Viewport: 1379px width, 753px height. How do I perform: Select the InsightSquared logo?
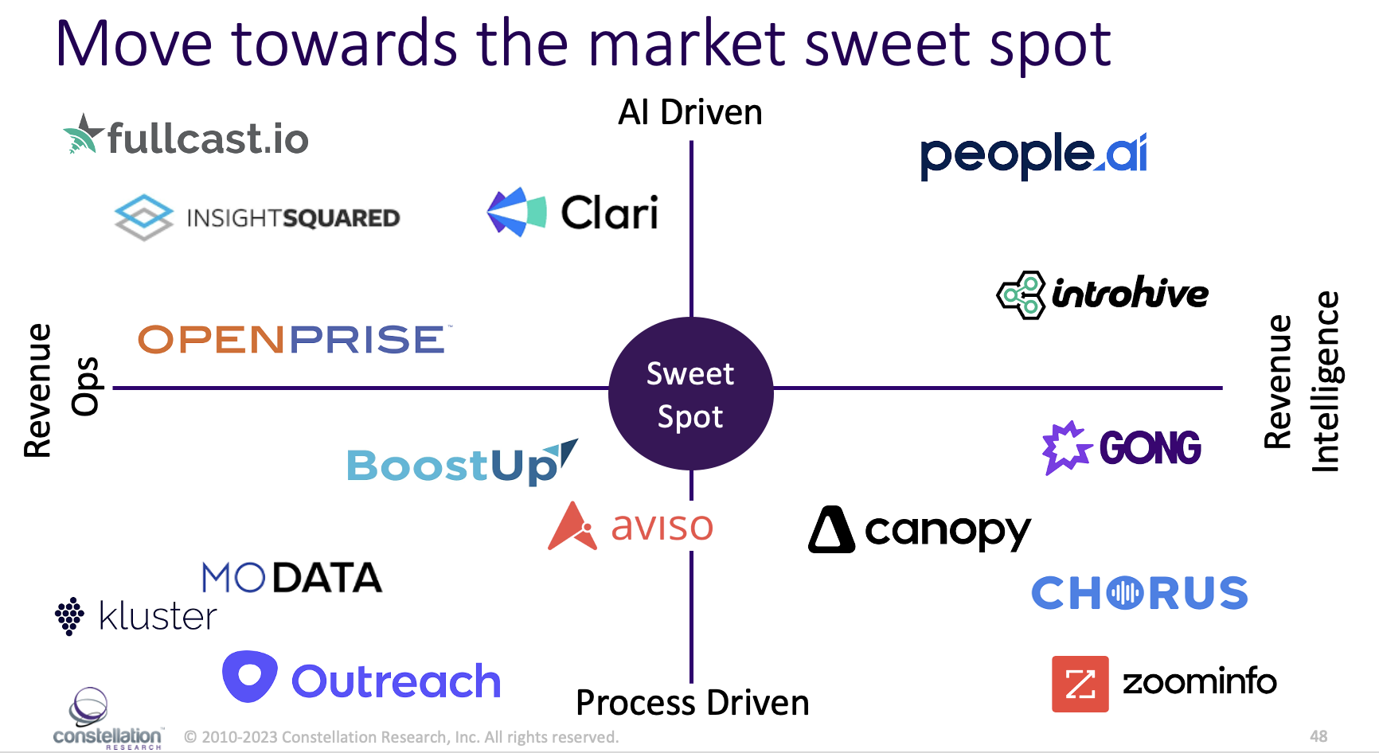tap(257, 217)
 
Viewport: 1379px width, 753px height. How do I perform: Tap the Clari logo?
tap(572, 213)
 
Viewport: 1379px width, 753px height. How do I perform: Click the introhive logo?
tap(1103, 295)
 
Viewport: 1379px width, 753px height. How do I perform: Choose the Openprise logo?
tap(292, 340)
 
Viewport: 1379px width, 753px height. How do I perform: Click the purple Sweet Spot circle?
tap(690, 394)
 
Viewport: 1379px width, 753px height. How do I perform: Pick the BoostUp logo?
tap(461, 464)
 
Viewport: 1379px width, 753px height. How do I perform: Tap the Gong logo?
tap(1122, 447)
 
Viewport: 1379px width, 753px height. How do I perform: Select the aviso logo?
tap(631, 526)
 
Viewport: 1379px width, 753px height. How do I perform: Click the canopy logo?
tap(920, 530)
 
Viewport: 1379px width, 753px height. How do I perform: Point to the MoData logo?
tap(291, 578)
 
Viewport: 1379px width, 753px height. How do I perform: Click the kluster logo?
tap(136, 616)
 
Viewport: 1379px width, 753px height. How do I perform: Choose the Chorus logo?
tap(1139, 593)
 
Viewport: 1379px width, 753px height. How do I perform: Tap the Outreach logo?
tap(362, 679)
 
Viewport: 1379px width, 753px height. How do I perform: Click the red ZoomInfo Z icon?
tap(1080, 684)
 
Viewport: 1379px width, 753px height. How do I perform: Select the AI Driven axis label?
tap(690, 112)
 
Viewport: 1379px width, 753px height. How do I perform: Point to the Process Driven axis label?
tap(692, 703)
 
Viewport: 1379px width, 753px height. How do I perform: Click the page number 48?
tap(1318, 736)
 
